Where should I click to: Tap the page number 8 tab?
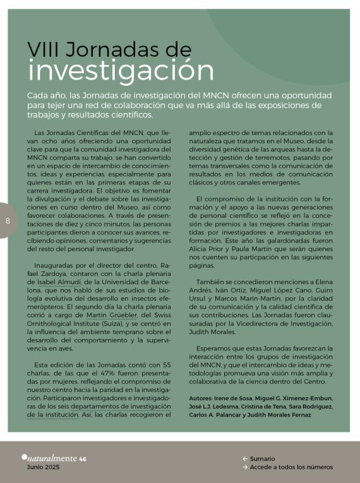8,220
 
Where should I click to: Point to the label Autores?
201,398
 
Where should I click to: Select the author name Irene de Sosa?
234,398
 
